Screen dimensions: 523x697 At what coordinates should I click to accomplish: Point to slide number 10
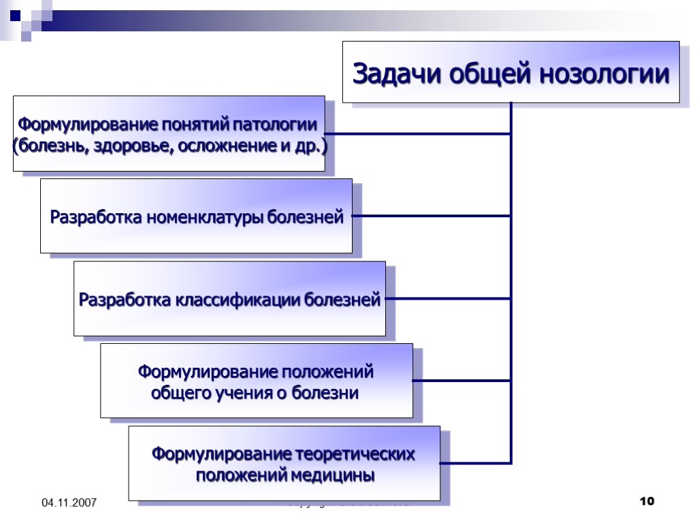647,502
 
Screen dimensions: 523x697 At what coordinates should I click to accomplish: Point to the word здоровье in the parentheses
135,146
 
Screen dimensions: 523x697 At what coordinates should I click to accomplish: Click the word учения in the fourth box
248,393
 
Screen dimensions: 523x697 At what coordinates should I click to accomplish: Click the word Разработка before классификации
125,300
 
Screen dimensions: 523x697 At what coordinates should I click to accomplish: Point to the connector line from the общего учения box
461,380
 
